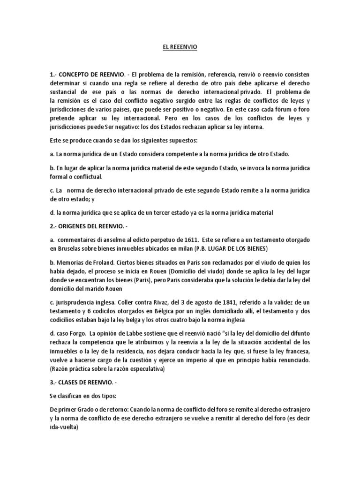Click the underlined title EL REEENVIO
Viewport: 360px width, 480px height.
(x=180, y=48)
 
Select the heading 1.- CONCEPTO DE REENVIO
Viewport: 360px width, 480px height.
(x=88, y=75)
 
